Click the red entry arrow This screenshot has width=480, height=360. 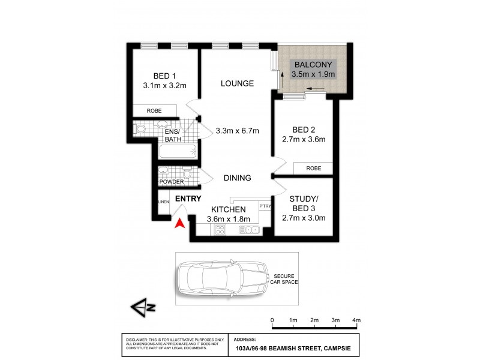tap(179, 223)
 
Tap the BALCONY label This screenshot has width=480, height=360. tap(313, 65)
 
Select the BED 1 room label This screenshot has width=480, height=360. tap(164, 76)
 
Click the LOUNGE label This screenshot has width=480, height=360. tap(236, 83)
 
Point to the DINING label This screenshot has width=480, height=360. tap(237, 178)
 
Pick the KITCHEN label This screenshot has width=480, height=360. tap(228, 209)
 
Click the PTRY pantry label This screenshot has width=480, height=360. tap(265, 206)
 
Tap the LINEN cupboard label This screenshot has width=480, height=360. tap(163, 202)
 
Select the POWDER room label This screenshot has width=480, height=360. tap(170, 182)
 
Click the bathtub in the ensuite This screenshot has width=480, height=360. tap(178, 151)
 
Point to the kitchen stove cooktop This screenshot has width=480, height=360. tap(220, 229)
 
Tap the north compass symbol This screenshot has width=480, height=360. tap(143, 307)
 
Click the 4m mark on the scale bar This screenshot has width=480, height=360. tap(356, 320)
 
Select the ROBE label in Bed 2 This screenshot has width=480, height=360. tap(313, 169)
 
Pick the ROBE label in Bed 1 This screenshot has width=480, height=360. tap(154, 111)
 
